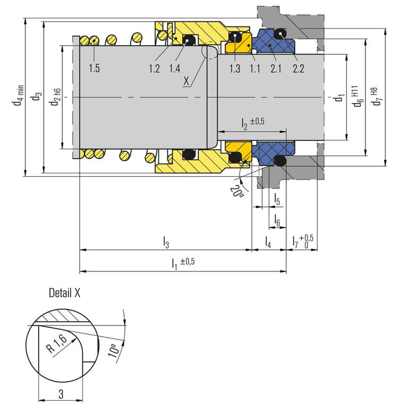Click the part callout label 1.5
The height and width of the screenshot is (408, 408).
tap(94, 69)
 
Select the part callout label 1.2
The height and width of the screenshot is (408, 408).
tap(155, 69)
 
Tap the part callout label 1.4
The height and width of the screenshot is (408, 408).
tap(174, 69)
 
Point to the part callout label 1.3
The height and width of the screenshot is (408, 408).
tap(235, 69)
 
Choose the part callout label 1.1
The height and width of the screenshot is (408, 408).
tap(254, 69)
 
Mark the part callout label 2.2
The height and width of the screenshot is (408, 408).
tap(298, 69)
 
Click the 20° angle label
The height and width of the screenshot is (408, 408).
tap(236, 189)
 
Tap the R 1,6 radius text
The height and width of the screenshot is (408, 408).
tap(57, 345)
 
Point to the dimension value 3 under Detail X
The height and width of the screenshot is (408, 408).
tap(61, 394)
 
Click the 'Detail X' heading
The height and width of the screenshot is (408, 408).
tap(65, 292)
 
